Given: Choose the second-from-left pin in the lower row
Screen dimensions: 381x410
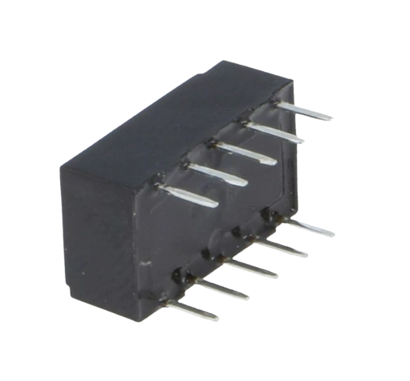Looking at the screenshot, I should [222, 289].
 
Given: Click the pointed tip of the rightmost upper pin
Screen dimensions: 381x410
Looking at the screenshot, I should [331, 118].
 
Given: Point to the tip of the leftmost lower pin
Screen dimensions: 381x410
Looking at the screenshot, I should [217, 318].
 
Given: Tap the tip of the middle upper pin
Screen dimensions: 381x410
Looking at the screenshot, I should [275, 162].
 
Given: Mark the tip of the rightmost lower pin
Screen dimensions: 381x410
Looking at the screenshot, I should [333, 235].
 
